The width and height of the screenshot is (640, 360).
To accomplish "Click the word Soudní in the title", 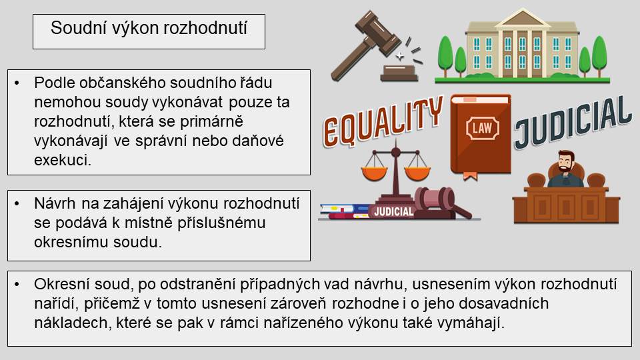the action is [74, 28].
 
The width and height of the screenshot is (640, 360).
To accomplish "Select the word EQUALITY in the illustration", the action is [383, 121].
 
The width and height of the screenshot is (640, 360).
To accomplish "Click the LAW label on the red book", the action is [482, 128].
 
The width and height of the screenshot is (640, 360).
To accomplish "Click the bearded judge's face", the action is [566, 163].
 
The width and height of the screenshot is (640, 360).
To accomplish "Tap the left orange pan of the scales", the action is [374, 172].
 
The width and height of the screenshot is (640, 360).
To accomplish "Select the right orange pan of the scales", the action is [417, 172].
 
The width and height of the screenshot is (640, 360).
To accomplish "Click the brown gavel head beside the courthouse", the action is [377, 33].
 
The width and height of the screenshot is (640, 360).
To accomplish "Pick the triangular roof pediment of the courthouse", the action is [523, 18].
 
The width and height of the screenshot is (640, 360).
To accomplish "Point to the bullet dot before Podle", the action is [17, 83].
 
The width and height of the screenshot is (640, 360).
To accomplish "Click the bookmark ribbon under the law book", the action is [470, 176].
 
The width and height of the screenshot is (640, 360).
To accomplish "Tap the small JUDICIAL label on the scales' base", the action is [393, 211].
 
